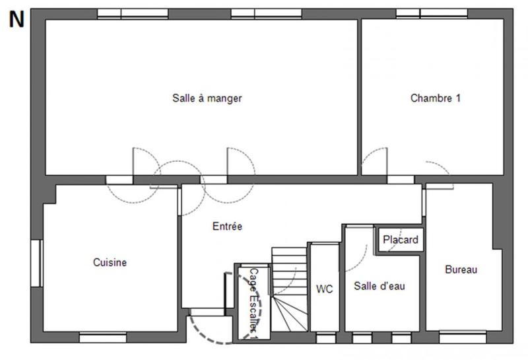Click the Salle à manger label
pyautogui.click(x=207, y=98)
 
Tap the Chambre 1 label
pyautogui.click(x=435, y=98)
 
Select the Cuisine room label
pyautogui.click(x=110, y=262)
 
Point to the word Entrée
pyautogui.click(x=227, y=226)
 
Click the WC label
pyautogui.click(x=324, y=289)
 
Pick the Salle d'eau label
pyautogui.click(x=379, y=286)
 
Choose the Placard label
pyautogui.click(x=401, y=240)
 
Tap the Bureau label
pyautogui.click(x=461, y=270)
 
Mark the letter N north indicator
pyautogui.click(x=16, y=20)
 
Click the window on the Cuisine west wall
pyautogui.click(x=36, y=263)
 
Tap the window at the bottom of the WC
pyautogui.click(x=325, y=338)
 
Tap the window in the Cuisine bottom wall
pyautogui.click(x=102, y=338)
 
